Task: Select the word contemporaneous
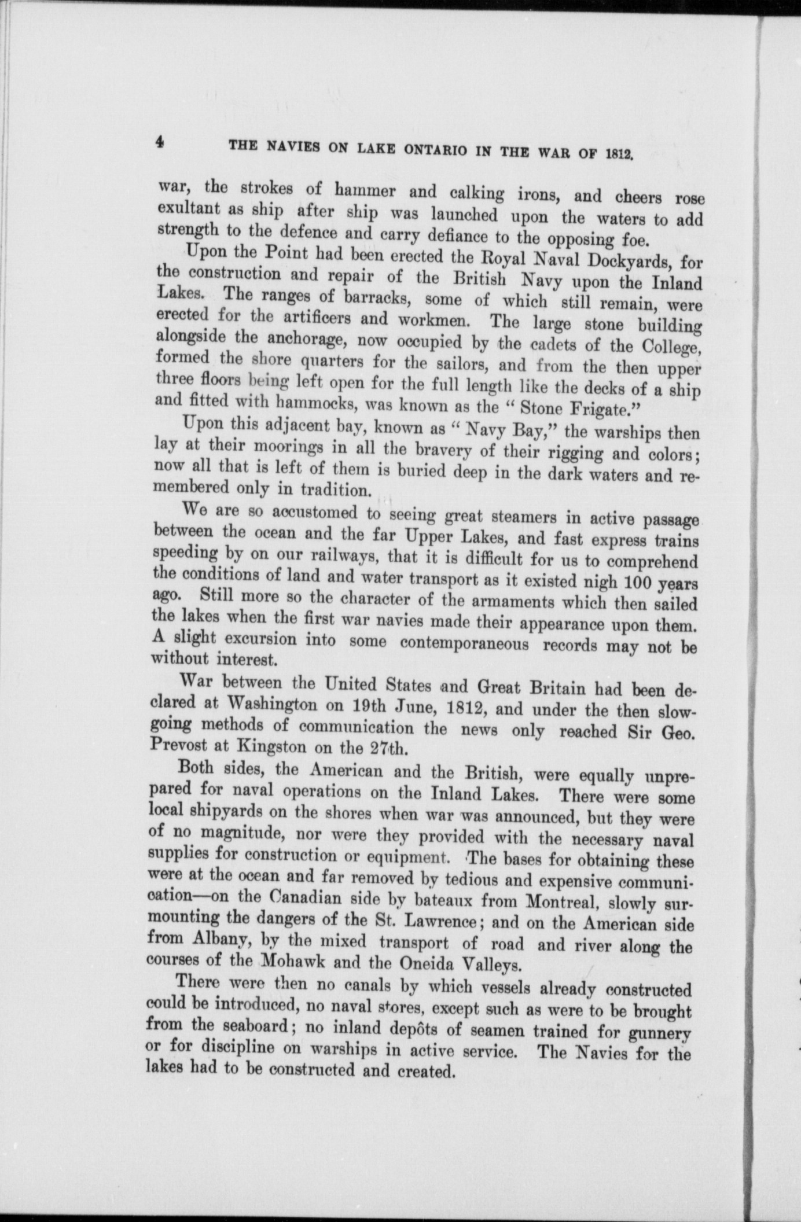464,643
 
